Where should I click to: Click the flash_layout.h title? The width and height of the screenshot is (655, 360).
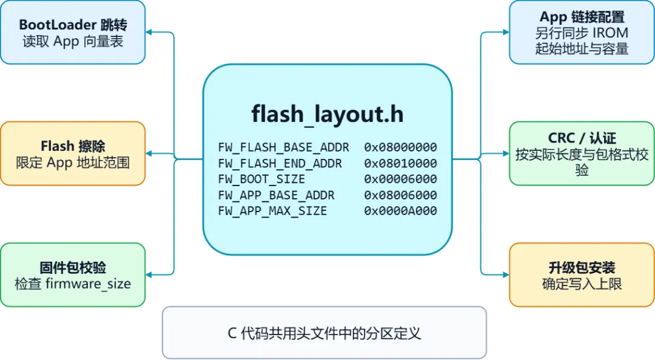click(327, 114)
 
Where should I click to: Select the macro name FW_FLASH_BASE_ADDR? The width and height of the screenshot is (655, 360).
click(284, 147)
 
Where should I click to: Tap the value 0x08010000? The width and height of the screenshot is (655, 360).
click(400, 163)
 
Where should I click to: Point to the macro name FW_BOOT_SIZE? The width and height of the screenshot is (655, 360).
click(261, 179)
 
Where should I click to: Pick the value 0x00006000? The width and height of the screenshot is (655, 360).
click(400, 179)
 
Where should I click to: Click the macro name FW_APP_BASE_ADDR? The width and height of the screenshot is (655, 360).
click(276, 195)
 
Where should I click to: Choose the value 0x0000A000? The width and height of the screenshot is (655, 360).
click(400, 211)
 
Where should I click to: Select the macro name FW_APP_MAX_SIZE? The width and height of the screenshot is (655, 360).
click(272, 211)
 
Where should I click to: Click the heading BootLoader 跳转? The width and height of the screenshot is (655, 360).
click(73, 25)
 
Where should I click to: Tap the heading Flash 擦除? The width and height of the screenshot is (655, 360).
click(73, 145)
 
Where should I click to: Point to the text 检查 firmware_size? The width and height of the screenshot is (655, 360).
click(73, 284)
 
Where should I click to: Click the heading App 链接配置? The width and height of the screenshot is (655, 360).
click(582, 17)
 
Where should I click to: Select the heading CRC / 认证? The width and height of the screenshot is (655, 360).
click(582, 138)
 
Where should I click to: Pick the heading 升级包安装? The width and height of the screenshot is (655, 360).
click(582, 267)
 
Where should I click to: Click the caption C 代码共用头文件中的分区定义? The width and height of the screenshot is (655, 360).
click(324, 333)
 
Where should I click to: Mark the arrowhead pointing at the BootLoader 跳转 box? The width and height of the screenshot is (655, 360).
click(149, 32)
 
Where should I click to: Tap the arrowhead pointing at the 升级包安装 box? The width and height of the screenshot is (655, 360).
click(506, 275)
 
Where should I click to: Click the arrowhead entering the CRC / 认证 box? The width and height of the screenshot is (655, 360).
click(506, 154)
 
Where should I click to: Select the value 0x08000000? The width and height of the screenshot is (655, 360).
click(400, 147)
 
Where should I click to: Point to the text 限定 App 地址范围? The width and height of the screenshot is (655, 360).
click(73, 162)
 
